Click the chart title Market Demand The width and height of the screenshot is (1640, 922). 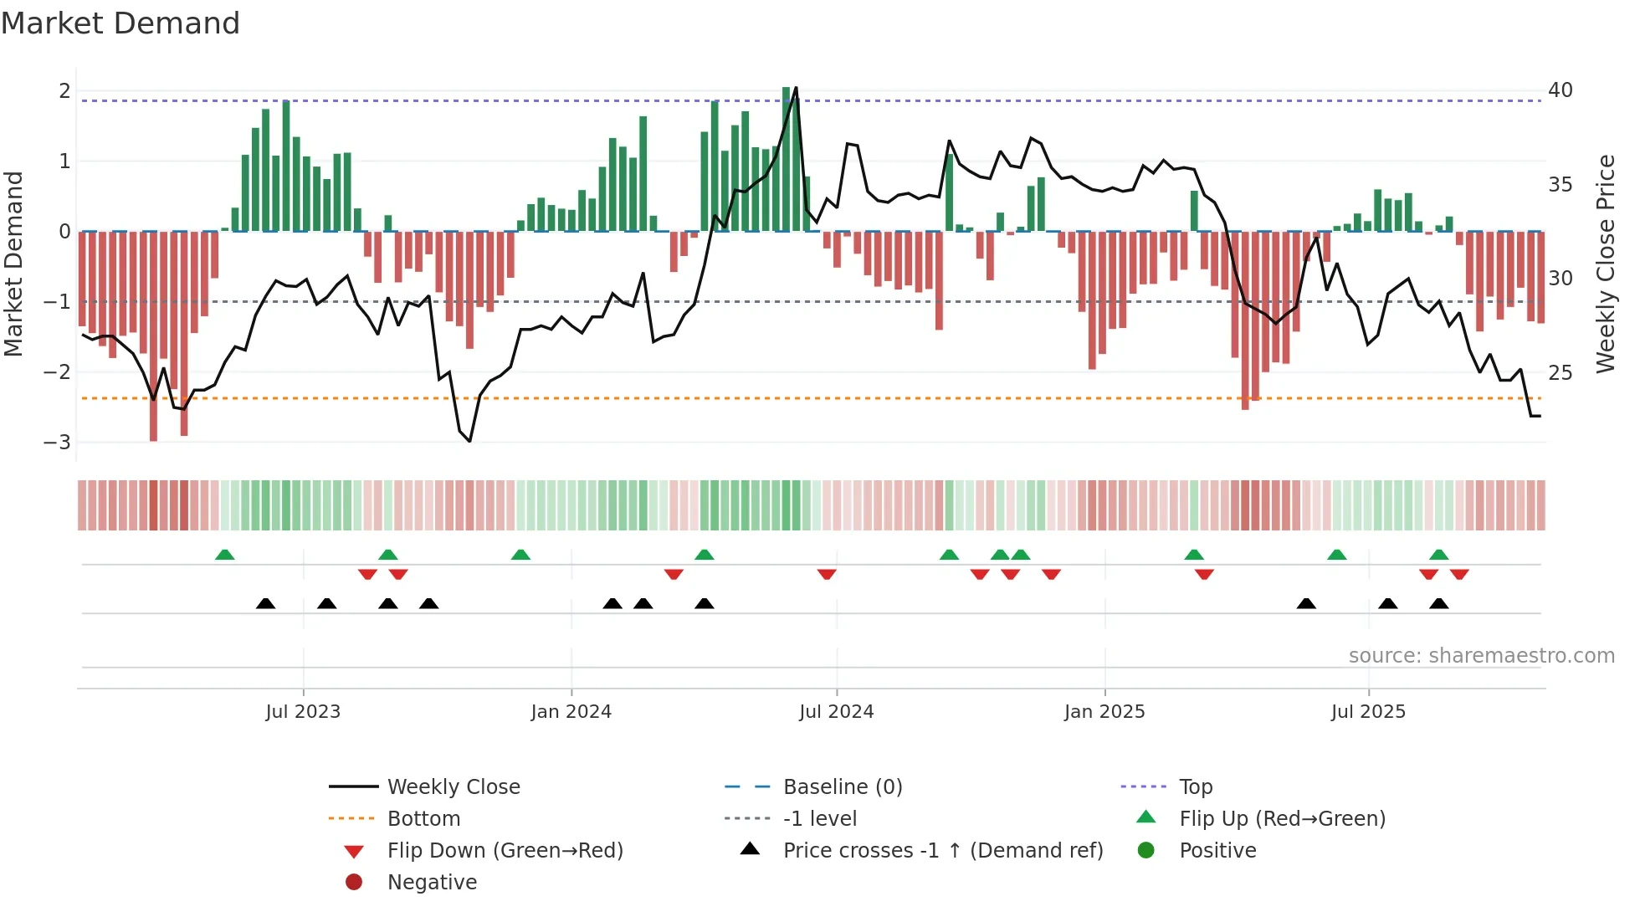click(x=120, y=23)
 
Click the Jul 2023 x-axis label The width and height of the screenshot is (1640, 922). click(x=303, y=712)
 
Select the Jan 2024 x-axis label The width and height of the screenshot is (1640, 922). click(x=571, y=712)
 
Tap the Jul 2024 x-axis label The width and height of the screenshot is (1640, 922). click(x=836, y=712)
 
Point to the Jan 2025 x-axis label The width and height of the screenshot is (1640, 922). click(x=1104, y=712)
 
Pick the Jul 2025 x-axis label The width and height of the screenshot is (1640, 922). click(x=1368, y=712)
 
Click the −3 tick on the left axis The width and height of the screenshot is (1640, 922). click(x=58, y=442)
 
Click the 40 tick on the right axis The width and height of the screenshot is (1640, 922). click(x=1561, y=90)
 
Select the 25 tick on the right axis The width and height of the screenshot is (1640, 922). click(x=1561, y=372)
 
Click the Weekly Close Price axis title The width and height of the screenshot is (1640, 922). click(x=1605, y=264)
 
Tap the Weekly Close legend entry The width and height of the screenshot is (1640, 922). click(x=453, y=787)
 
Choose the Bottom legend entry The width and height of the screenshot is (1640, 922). click(x=423, y=819)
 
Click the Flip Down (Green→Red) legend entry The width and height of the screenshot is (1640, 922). click(x=505, y=851)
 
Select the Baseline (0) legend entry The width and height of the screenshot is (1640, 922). click(x=842, y=787)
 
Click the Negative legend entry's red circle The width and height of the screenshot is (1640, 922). click(x=354, y=883)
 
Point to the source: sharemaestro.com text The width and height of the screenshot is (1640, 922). click(x=1481, y=656)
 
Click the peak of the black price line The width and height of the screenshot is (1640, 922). click(x=795, y=88)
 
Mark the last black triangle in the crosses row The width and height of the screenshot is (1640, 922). click(x=1438, y=604)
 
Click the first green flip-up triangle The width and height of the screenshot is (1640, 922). click(x=224, y=555)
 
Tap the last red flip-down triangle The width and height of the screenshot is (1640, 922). click(x=1459, y=574)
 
